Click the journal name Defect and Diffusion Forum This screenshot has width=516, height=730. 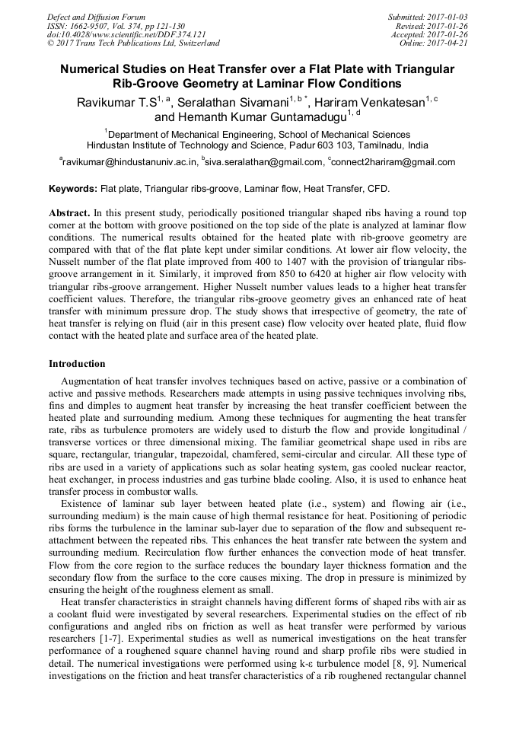96,17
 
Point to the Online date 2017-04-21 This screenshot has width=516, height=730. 449,43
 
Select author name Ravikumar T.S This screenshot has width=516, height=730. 116,103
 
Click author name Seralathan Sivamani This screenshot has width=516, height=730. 237,103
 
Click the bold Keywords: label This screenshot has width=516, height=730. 73,188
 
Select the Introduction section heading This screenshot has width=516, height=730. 77,364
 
